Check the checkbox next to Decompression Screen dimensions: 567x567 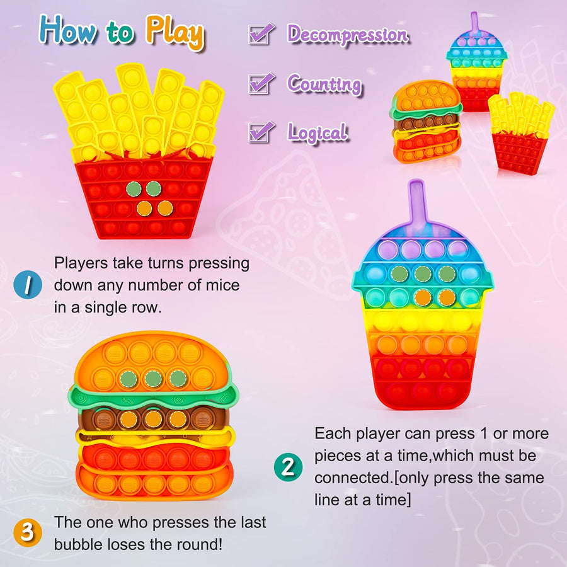[261, 33]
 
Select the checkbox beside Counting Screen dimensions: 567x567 [261, 83]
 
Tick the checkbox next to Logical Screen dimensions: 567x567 [261, 131]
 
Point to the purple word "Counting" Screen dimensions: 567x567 [324, 83]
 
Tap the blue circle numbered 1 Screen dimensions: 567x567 [28, 284]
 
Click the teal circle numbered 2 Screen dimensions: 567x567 [287, 467]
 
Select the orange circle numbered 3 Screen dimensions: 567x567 [28, 532]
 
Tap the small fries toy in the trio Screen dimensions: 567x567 [520, 133]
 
